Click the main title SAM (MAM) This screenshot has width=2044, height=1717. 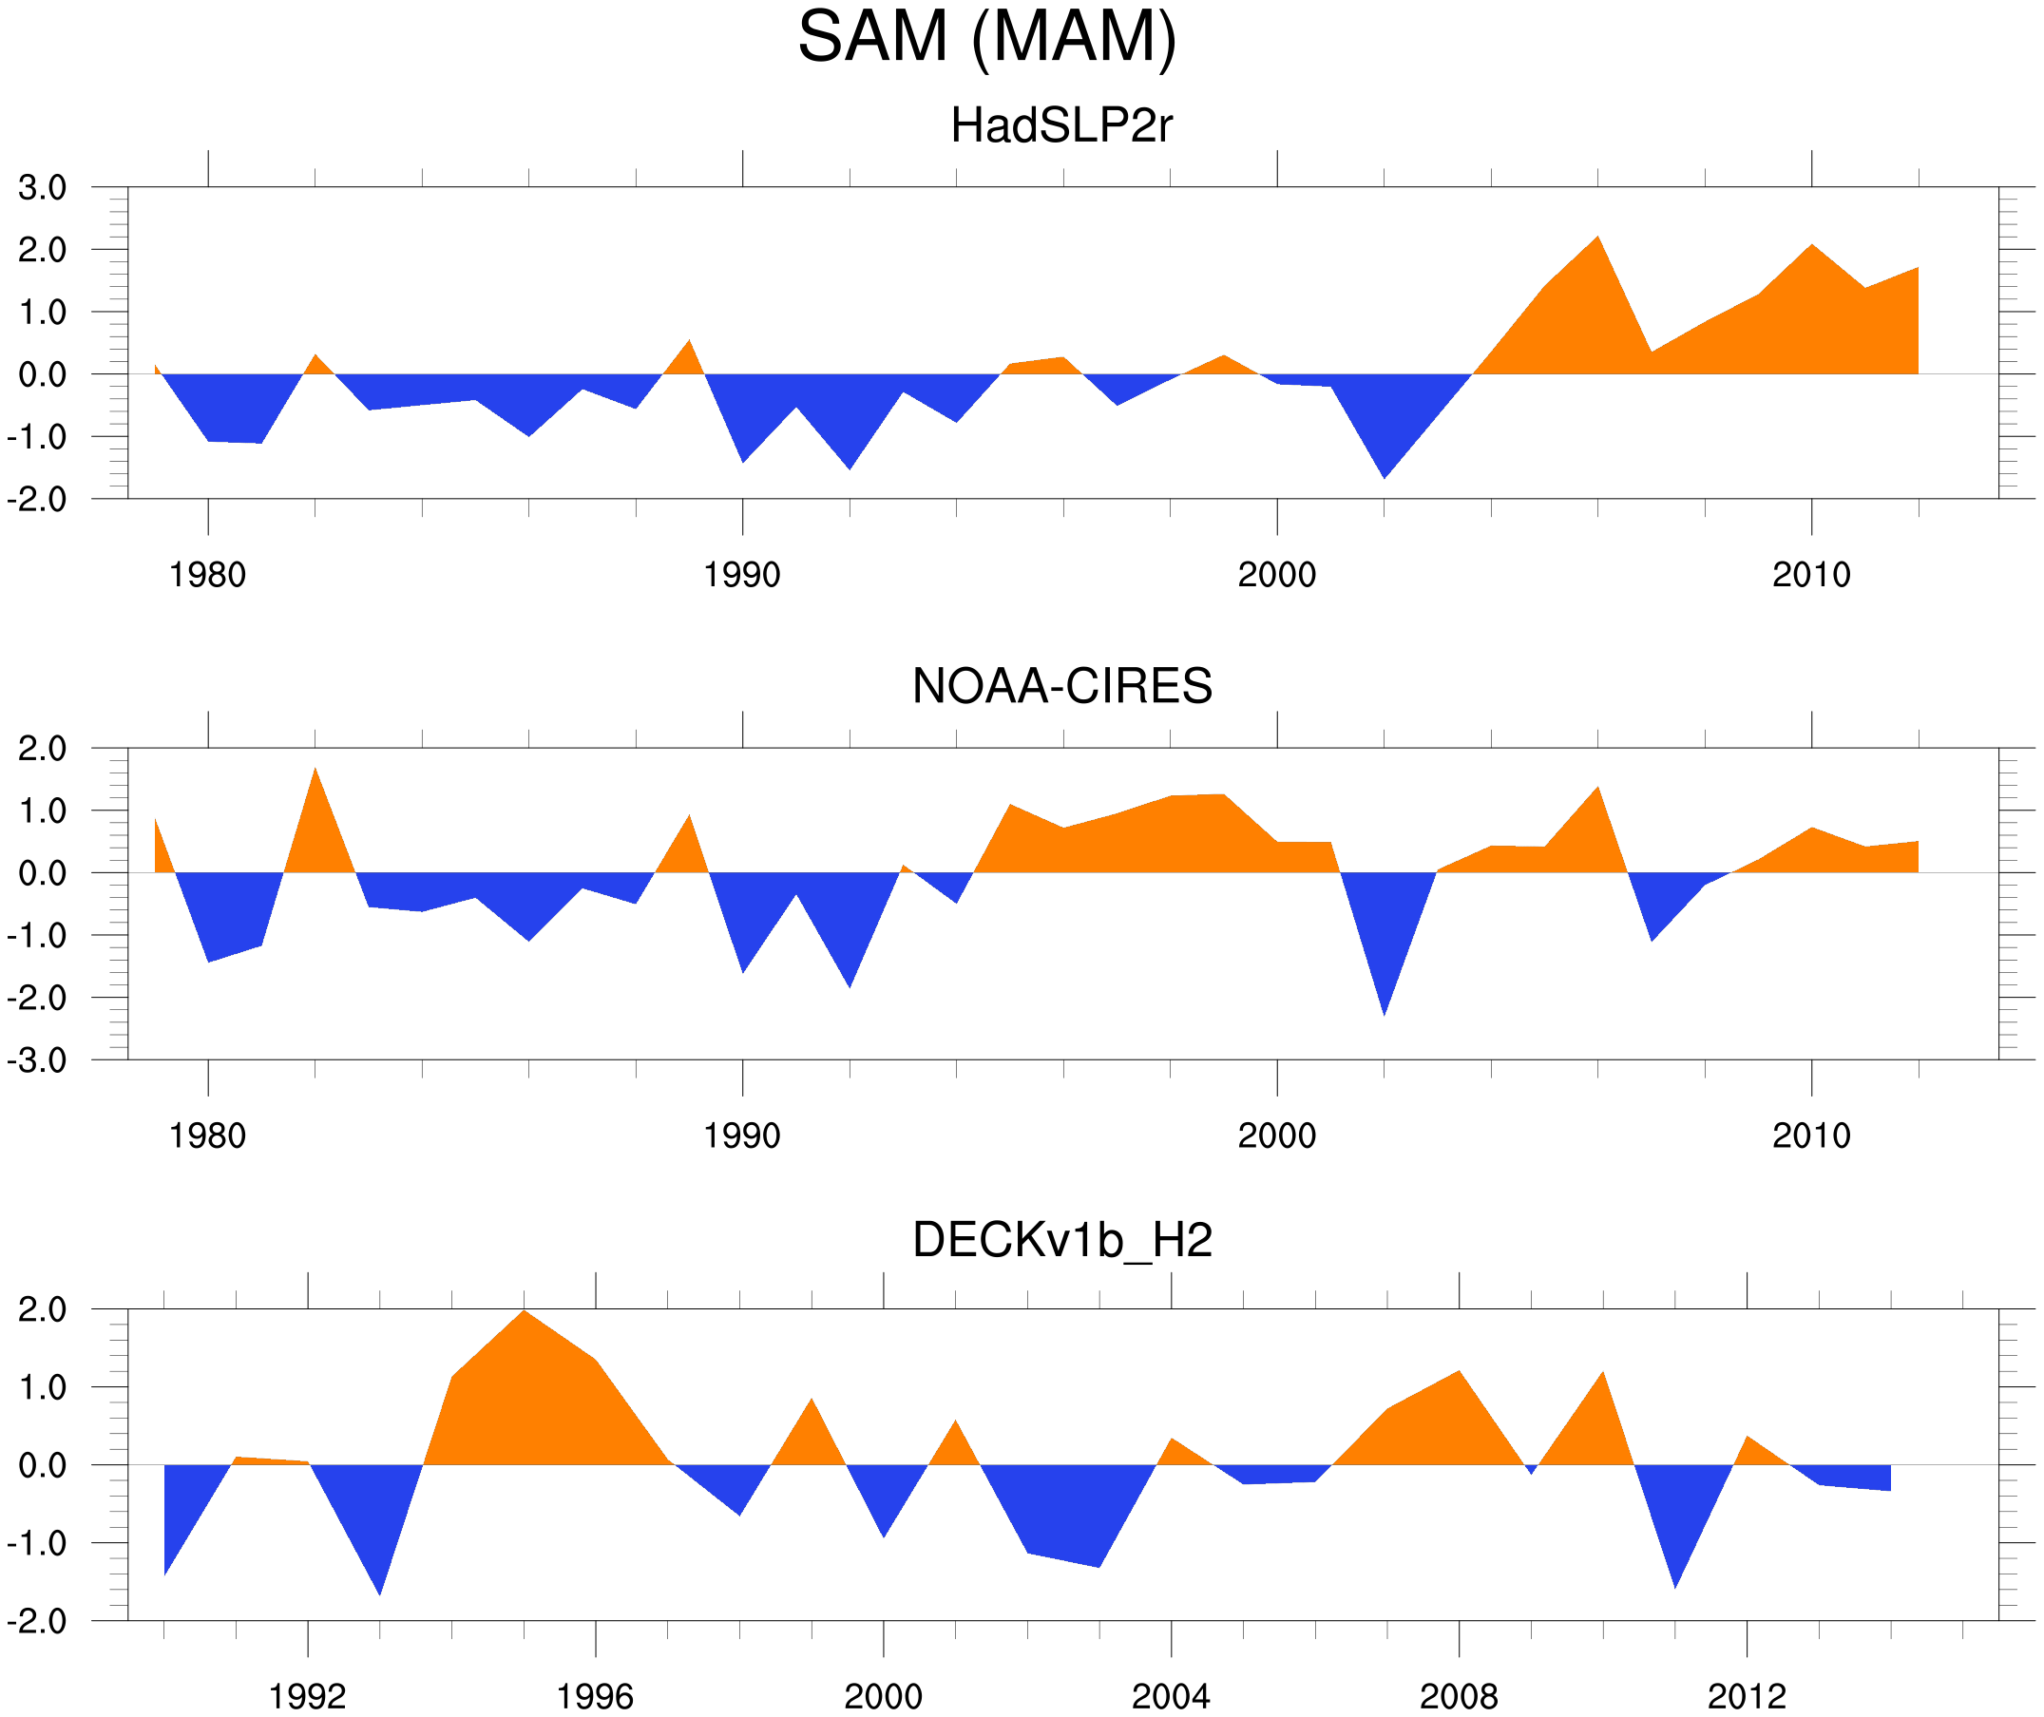(x=987, y=37)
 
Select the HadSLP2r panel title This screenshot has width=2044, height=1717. (x=1061, y=125)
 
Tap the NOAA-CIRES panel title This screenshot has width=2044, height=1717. (x=1061, y=686)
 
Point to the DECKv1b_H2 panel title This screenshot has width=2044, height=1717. (x=1061, y=1240)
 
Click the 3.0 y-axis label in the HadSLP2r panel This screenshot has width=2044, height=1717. (x=42, y=188)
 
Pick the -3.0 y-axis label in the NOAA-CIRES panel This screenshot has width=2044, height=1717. (x=37, y=1061)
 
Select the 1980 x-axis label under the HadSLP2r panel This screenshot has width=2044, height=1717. (x=207, y=575)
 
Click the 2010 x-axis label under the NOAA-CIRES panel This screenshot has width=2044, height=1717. (x=1810, y=1135)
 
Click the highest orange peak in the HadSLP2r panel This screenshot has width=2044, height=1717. (x=1597, y=239)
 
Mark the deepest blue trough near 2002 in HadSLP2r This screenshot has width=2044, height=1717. (x=1385, y=474)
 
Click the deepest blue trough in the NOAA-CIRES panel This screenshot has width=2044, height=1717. (x=1385, y=1011)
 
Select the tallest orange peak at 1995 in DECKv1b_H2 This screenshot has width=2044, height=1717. (x=524, y=1314)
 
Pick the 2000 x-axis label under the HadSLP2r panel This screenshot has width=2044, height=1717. (x=1276, y=575)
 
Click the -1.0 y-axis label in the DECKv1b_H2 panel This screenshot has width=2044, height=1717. (x=37, y=1544)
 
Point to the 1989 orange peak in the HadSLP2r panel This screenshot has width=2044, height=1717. (x=689, y=344)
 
